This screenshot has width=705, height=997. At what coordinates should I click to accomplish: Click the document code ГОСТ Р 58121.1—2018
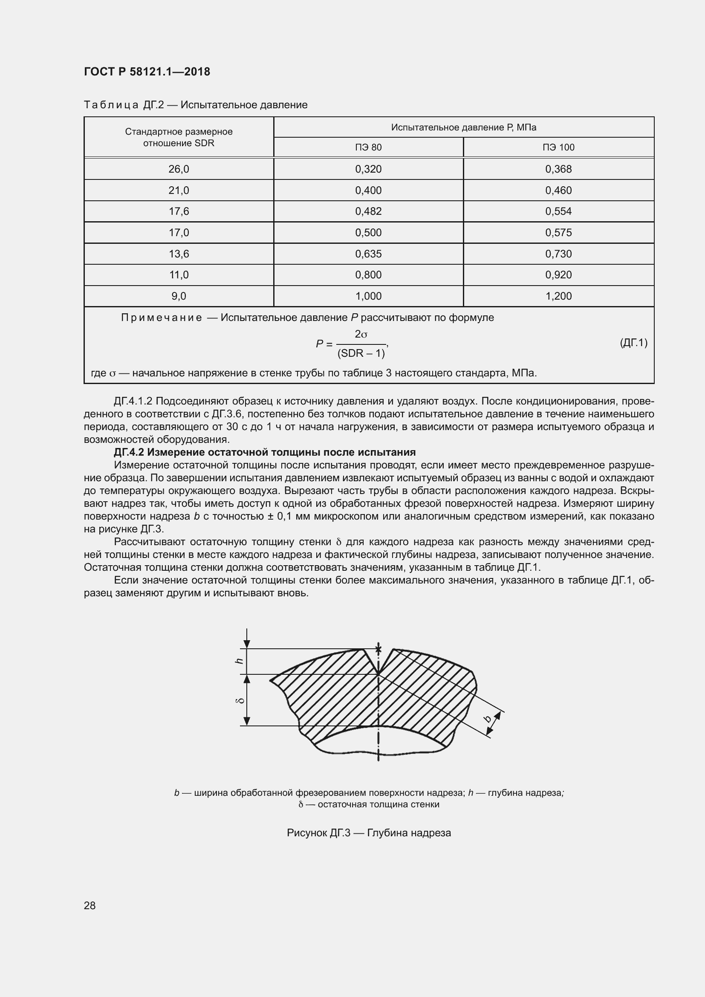tap(147, 72)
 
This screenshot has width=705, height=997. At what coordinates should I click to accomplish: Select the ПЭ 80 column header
tap(368, 147)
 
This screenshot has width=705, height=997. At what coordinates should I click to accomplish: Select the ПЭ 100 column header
tap(558, 147)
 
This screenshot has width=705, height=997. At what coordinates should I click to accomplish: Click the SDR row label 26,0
tap(179, 169)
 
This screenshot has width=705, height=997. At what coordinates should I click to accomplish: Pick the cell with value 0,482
tap(368, 211)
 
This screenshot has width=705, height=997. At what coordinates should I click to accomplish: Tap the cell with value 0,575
tap(558, 233)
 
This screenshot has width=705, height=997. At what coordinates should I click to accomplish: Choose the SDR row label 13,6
tap(179, 254)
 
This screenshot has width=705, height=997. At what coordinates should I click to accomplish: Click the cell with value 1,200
tap(558, 296)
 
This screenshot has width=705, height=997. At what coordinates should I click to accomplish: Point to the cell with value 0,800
tap(368, 275)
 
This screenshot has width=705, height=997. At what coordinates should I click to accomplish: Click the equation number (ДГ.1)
tap(633, 343)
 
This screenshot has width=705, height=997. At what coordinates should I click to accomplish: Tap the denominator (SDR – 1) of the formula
tap(361, 353)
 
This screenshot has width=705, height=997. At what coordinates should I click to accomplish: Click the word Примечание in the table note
tap(161, 318)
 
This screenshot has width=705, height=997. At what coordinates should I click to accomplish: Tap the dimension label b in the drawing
tap(488, 719)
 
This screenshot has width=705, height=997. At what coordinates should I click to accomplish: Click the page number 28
tap(90, 906)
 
